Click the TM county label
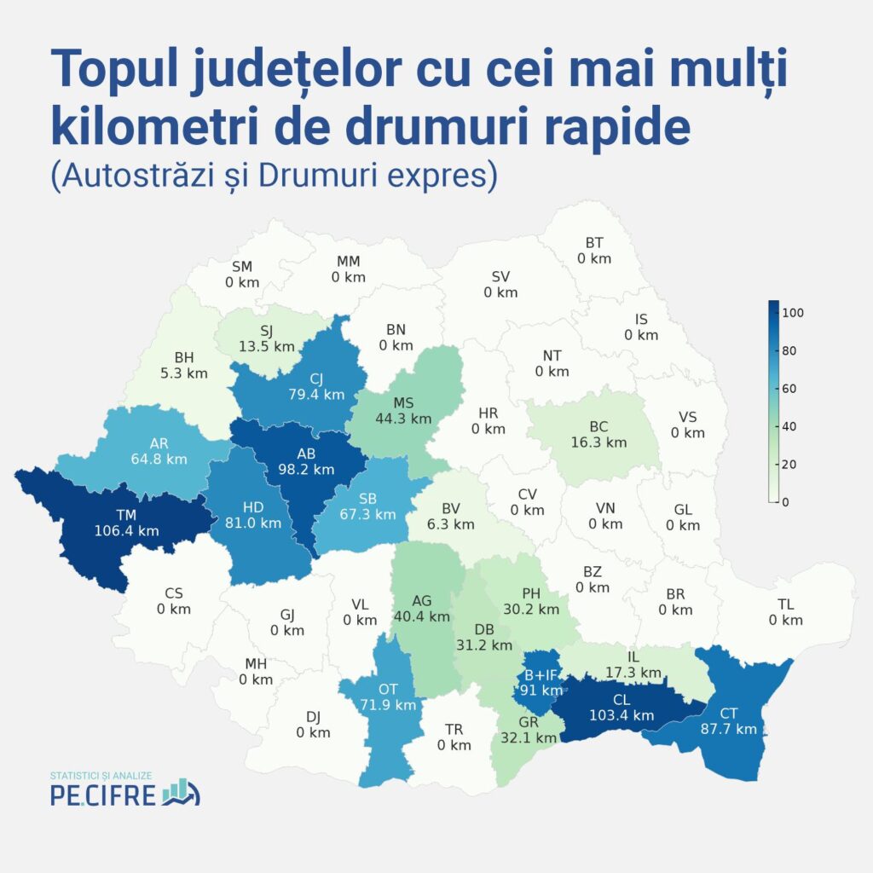coord(126,514)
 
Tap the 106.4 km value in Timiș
coord(126,530)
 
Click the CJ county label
coord(315,379)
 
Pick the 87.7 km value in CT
coord(729,729)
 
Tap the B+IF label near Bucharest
coord(541,674)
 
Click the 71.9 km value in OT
coord(388,704)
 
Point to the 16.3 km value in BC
coord(598,442)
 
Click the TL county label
coord(785,604)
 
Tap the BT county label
coord(594,242)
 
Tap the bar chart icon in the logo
coord(181,791)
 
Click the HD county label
coord(253,507)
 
